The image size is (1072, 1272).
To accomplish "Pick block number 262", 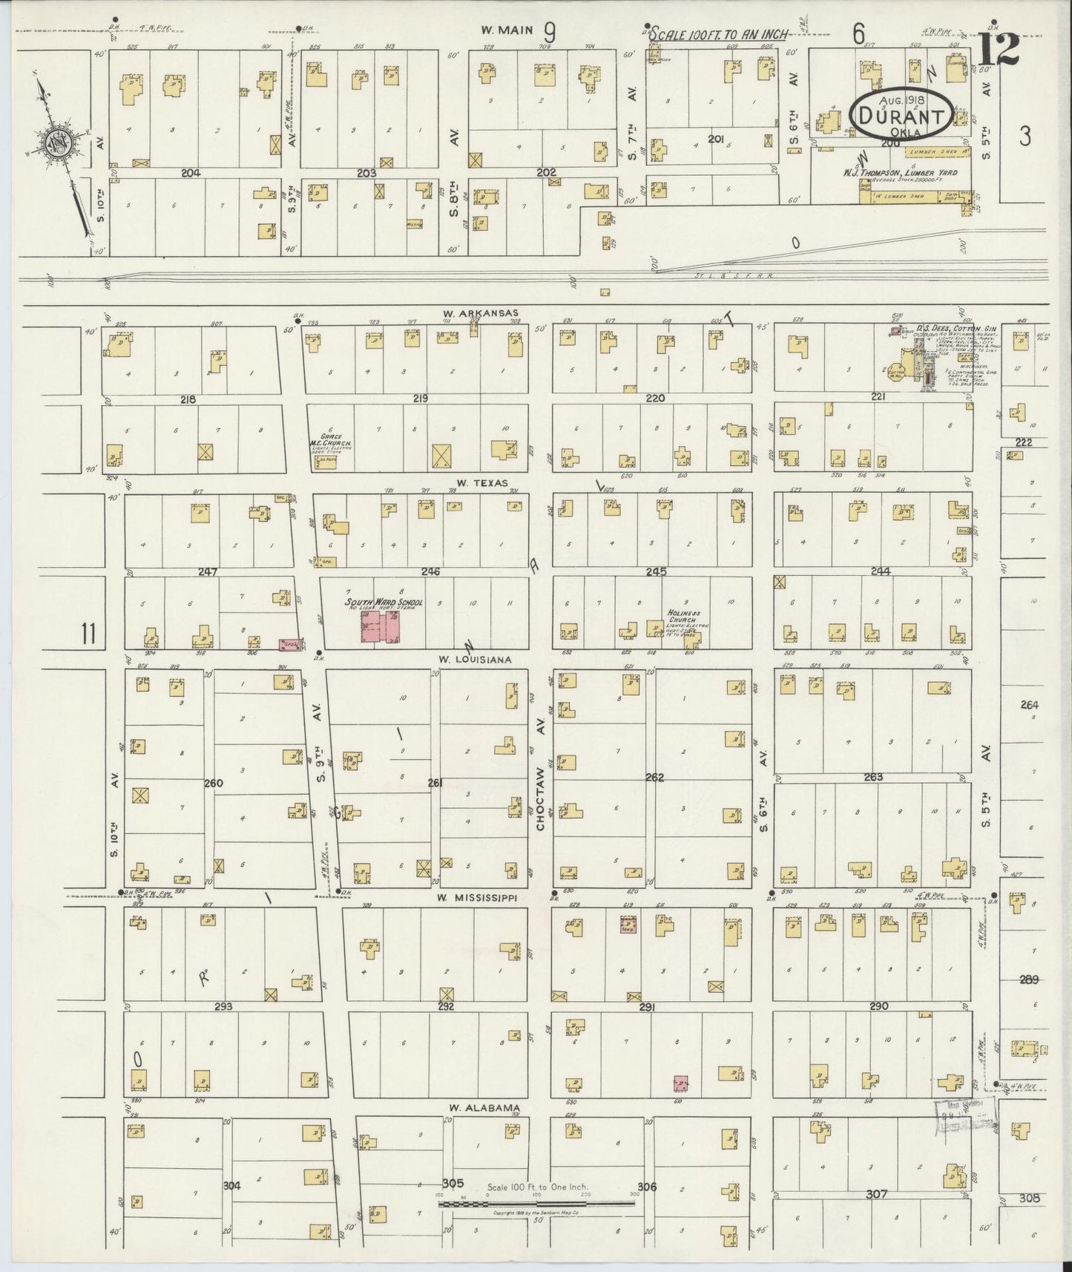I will click(x=654, y=777).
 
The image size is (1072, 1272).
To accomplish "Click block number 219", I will click(x=420, y=399).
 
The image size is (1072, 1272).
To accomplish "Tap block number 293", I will click(x=224, y=1007).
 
